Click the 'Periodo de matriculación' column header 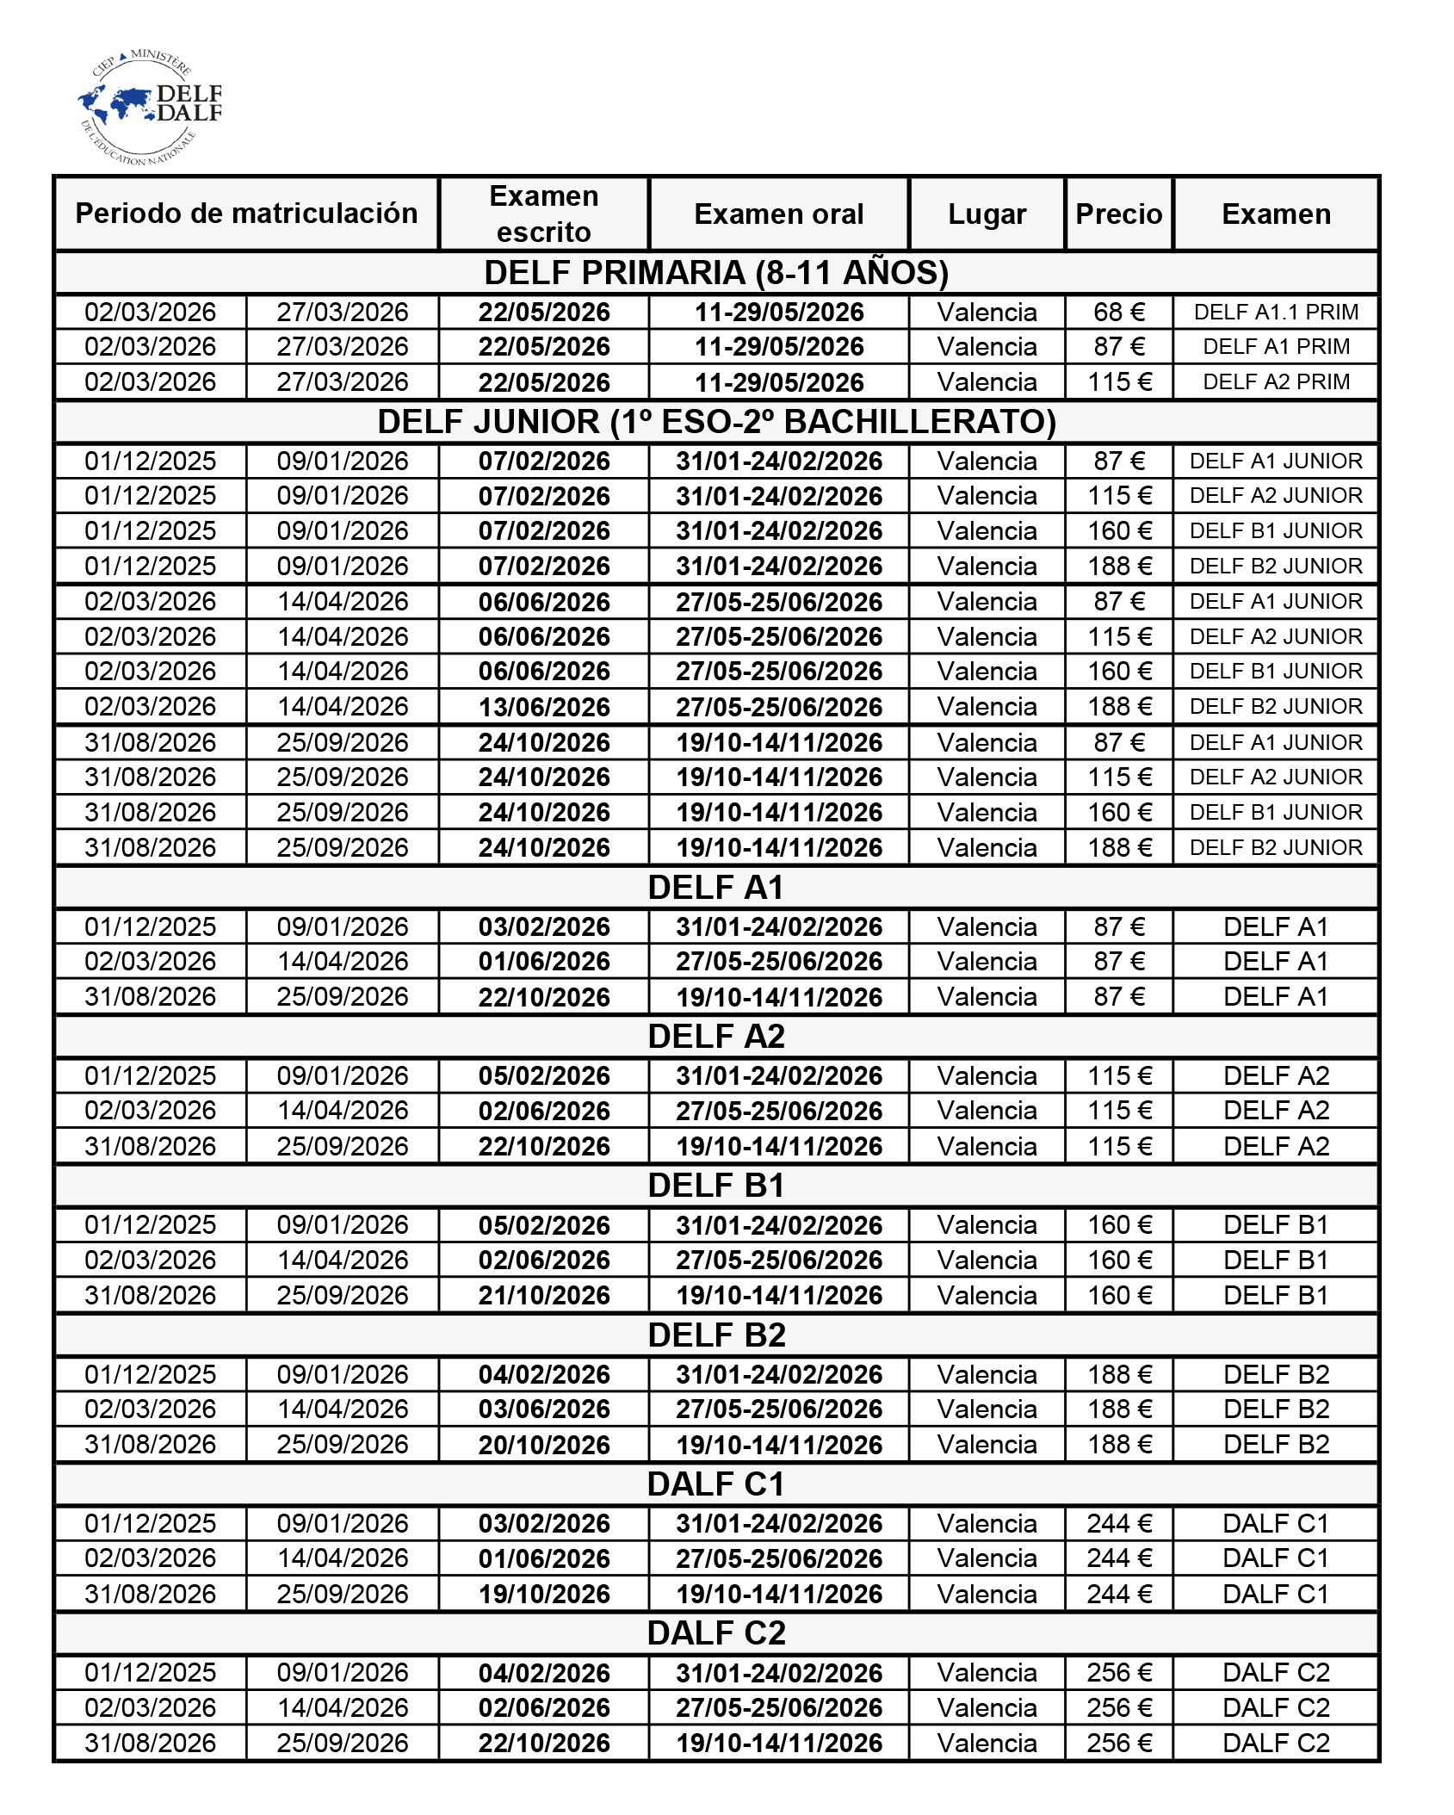click(246, 214)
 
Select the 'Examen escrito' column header click(544, 214)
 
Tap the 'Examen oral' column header click(778, 214)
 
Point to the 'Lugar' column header click(987, 214)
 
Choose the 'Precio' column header click(1118, 214)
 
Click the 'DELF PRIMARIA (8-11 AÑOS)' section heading click(716, 273)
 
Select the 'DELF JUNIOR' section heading click(716, 422)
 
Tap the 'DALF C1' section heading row click(716, 1484)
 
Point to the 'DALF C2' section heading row click(716, 1633)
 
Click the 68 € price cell click(1118, 312)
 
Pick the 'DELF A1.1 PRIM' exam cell click(1276, 312)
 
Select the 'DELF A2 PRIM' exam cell click(1276, 381)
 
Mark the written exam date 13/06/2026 click(544, 707)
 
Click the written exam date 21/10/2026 click(544, 1295)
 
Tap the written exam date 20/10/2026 click(544, 1445)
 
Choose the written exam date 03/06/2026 click(544, 1409)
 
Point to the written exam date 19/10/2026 click(544, 1594)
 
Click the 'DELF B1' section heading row click(716, 1186)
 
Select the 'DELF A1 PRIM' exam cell click(1276, 346)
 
